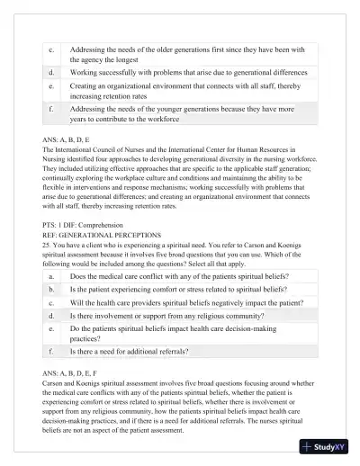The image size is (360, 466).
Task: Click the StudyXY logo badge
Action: coord(326,446)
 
